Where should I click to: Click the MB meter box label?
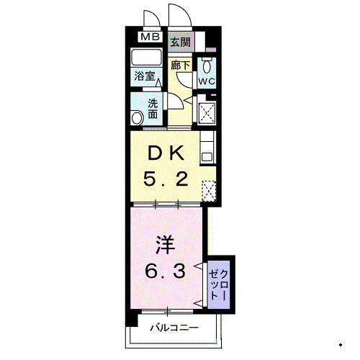click(x=150, y=37)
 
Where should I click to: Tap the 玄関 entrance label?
click(x=181, y=42)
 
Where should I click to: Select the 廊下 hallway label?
click(x=181, y=66)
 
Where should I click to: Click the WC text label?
click(x=207, y=81)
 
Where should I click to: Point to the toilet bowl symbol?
click(x=207, y=66)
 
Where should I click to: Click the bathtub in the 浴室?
click(x=146, y=57)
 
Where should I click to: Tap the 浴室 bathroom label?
click(x=144, y=76)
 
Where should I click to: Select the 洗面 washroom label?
click(x=153, y=109)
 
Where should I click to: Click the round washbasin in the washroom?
click(x=137, y=118)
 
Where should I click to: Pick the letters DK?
click(x=166, y=153)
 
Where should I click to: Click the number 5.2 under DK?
click(x=166, y=179)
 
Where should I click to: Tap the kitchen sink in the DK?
click(x=207, y=158)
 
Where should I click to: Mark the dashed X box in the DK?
click(x=209, y=191)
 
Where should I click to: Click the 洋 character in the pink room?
click(x=165, y=245)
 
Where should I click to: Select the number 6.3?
click(x=166, y=271)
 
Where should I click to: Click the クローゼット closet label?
click(x=219, y=285)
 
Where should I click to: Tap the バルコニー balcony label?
click(x=174, y=328)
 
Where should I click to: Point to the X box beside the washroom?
click(x=206, y=113)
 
